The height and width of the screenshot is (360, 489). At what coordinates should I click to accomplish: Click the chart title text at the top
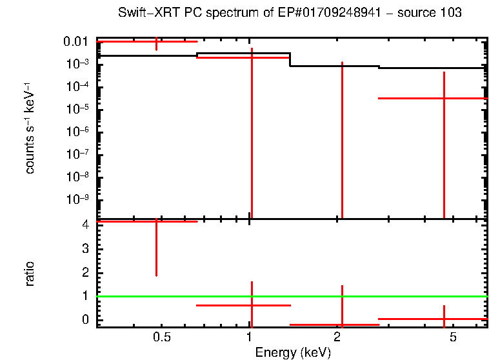tap(290, 13)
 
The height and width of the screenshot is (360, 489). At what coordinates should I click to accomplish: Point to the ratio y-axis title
tap(30, 274)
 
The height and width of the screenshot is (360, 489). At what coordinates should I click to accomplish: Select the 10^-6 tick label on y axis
tap(77, 132)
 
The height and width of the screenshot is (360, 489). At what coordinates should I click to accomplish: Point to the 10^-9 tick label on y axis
tap(77, 199)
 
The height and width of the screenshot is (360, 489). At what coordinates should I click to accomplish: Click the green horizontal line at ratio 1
tap(387, 297)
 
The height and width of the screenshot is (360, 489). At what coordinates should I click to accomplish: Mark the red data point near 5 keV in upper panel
tap(444, 98)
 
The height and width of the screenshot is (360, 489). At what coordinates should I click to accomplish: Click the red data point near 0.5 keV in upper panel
tap(156, 42)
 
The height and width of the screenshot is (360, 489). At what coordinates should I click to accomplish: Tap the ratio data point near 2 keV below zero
tap(342, 325)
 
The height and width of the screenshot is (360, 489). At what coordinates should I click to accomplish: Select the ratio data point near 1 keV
tap(251, 305)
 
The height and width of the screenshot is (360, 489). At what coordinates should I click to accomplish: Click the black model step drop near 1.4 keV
tap(290, 59)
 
